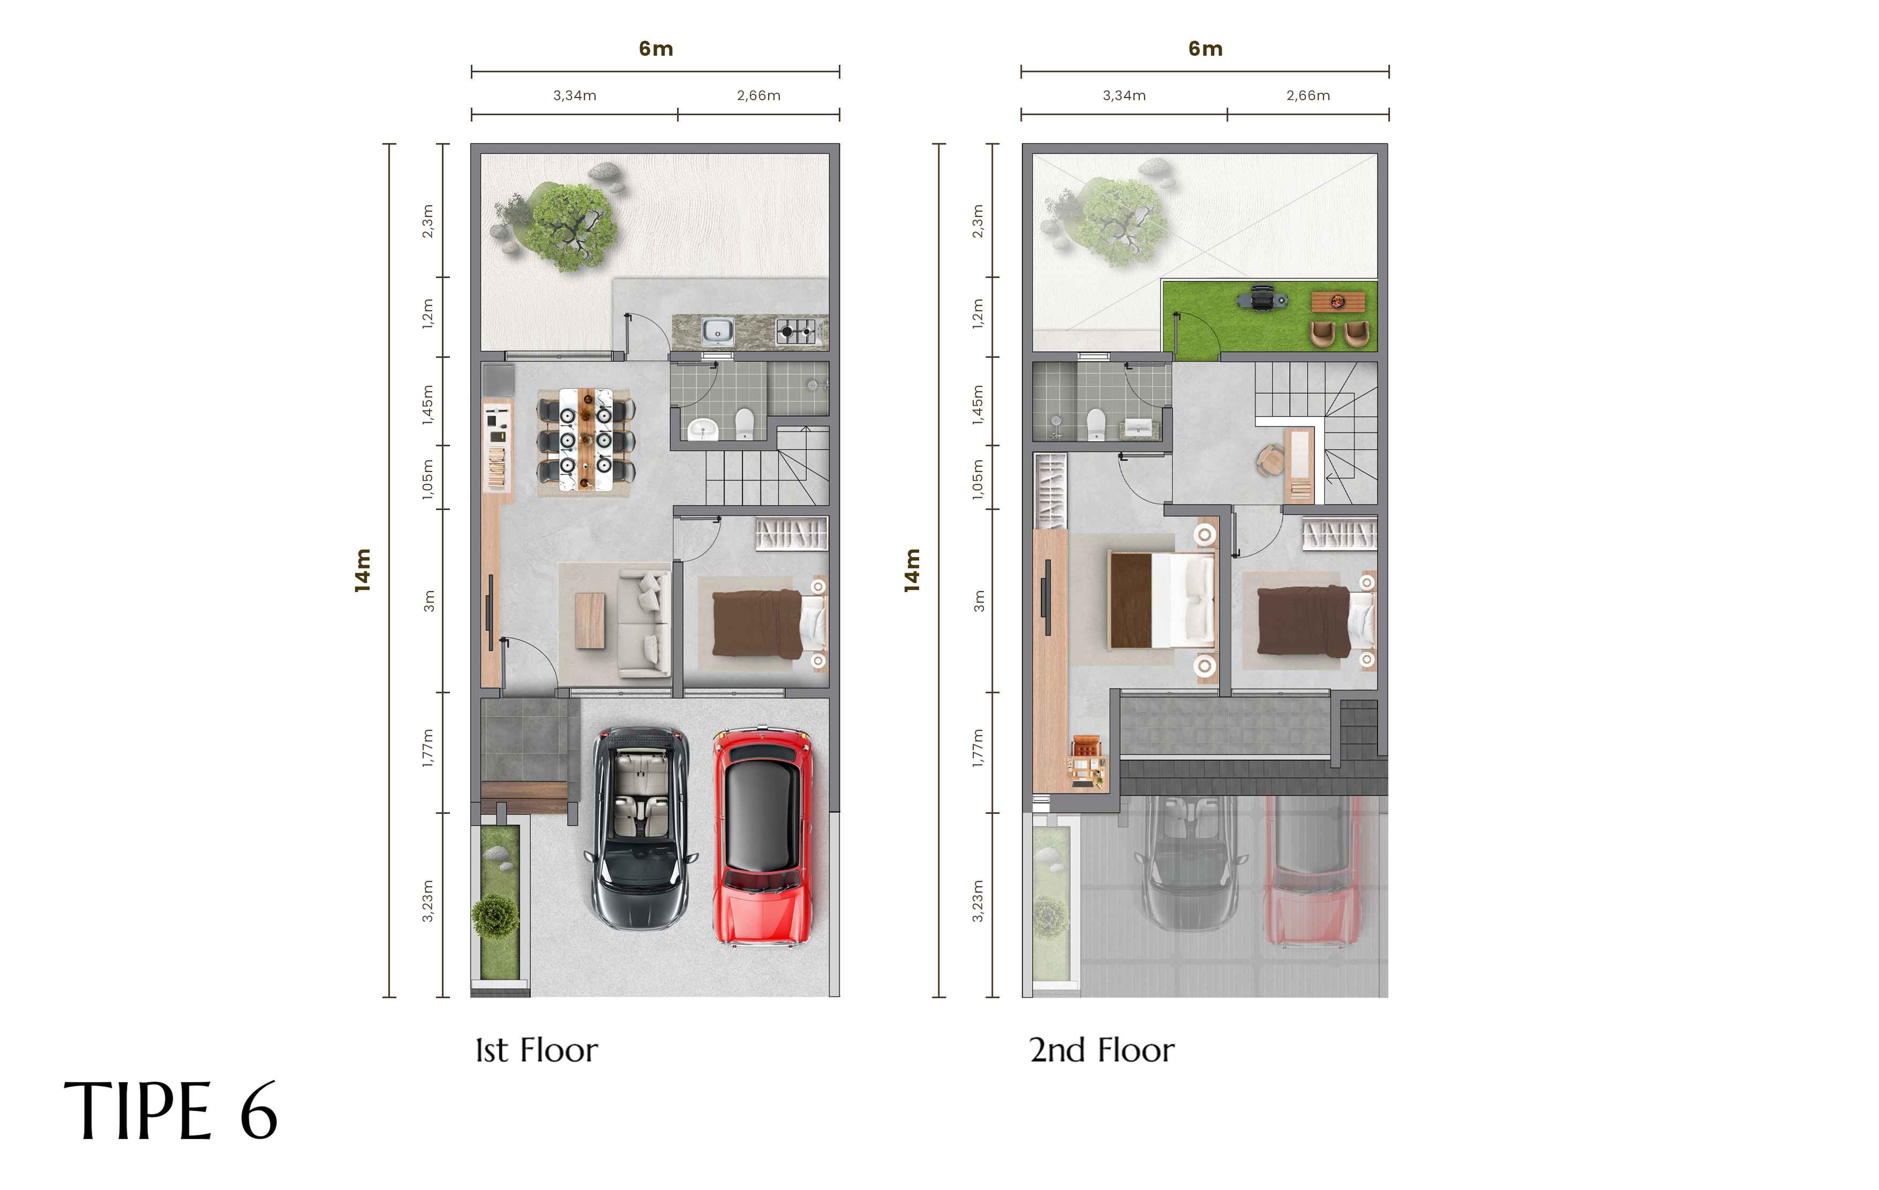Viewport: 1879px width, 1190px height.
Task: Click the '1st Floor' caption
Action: coord(537,1050)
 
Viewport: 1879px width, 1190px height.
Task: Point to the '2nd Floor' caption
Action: coord(1102,1050)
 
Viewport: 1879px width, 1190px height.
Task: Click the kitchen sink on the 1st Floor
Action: coord(717,331)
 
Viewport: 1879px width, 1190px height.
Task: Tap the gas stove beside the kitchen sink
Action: coord(796,332)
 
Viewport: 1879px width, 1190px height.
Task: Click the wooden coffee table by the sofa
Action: coord(590,620)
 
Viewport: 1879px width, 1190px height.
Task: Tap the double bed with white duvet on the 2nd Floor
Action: coord(1162,600)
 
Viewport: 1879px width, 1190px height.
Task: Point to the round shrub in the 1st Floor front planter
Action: coord(495,915)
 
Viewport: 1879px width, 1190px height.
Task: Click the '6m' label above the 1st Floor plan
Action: coord(656,48)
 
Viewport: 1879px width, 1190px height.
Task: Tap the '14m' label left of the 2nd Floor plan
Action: coord(912,571)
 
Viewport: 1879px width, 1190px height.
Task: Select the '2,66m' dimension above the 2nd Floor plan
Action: coord(1308,95)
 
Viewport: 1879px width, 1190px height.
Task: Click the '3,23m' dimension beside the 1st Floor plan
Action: coord(427,901)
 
